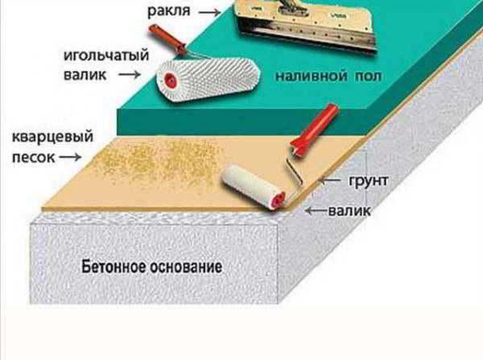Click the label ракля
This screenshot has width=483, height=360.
(169, 12)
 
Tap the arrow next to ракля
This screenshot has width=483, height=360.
(209, 12)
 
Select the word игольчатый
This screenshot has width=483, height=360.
(106, 56)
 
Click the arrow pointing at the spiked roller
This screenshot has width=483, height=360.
(130, 74)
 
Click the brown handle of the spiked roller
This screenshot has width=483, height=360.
(167, 39)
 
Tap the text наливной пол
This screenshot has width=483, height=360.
(328, 76)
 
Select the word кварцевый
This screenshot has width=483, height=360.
(52, 137)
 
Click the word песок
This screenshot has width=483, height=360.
(34, 158)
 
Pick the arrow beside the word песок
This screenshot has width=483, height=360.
(70, 157)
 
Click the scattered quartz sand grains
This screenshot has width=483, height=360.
(160, 160)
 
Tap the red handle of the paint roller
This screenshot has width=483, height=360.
(314, 130)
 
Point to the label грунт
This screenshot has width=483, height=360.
(368, 180)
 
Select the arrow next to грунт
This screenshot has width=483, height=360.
(330, 180)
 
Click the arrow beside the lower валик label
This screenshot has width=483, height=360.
(316, 211)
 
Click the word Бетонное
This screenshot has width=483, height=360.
(114, 267)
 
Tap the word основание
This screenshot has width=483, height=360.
(187, 267)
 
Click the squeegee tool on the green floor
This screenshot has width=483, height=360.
(306, 25)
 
